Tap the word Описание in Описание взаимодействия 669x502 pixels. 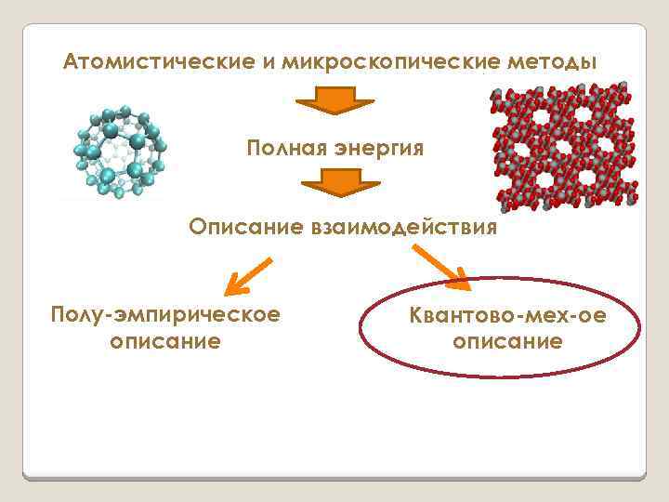click(x=242, y=227)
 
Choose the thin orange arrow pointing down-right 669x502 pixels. click(x=442, y=263)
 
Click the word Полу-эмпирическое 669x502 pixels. click(x=165, y=314)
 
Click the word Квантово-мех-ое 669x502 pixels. click(x=507, y=316)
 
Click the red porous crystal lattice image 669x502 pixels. click(x=566, y=145)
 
